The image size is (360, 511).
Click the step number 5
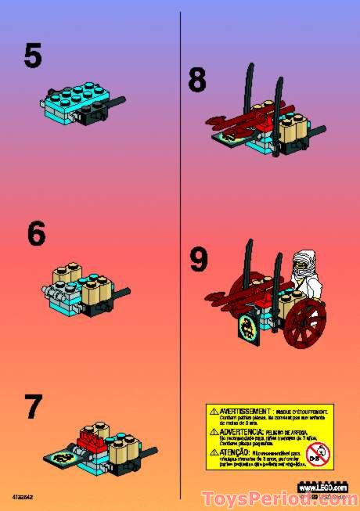coord(33,56)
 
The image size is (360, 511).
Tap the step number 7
coord(33,408)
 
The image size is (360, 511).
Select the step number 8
coord(199,81)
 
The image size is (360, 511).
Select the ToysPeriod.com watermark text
coord(278,498)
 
